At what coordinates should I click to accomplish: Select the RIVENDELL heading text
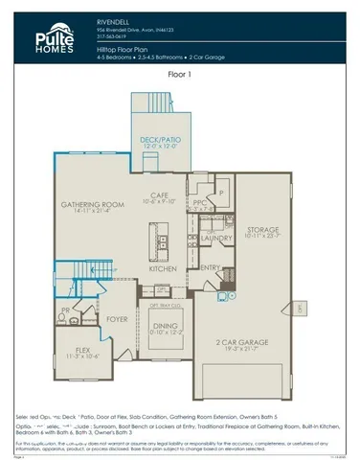(x=115, y=18)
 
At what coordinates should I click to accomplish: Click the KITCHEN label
(x=163, y=269)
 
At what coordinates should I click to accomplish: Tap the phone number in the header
(x=112, y=35)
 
